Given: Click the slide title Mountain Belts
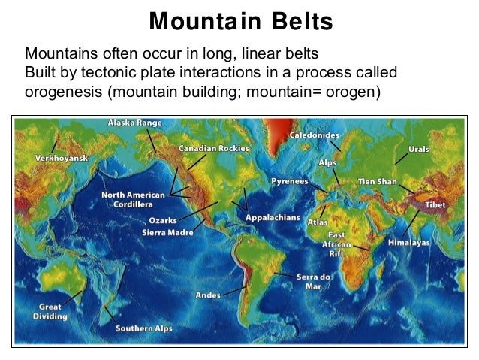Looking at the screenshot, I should (x=240, y=21).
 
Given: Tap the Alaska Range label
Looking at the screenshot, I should (x=135, y=122).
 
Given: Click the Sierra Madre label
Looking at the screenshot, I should (x=168, y=233).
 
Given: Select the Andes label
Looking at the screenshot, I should (x=208, y=295).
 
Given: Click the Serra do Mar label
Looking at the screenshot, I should (x=313, y=281).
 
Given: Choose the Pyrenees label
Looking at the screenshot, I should (x=289, y=182).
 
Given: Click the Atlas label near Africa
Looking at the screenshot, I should (x=316, y=222).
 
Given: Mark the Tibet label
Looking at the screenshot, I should (x=435, y=204).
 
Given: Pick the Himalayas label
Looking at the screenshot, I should (x=409, y=244).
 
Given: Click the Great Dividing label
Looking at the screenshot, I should (x=51, y=312).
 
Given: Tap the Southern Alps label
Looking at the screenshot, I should (x=143, y=328).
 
